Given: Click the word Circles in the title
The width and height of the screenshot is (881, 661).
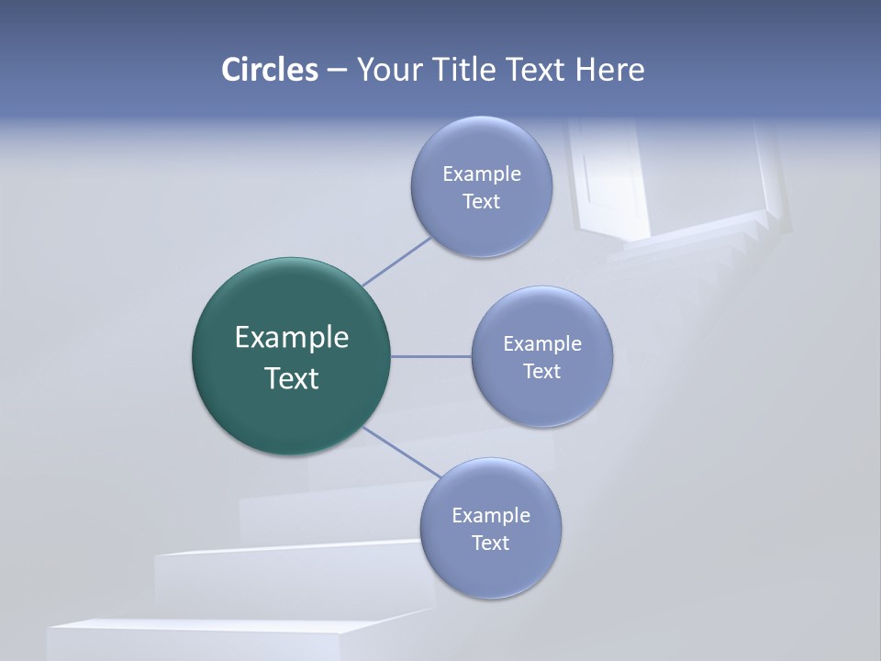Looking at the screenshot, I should pos(270,70).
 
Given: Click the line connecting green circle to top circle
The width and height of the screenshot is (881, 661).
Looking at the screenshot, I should pos(396,261).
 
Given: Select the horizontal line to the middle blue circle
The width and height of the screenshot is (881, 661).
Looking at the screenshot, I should pos(430,356).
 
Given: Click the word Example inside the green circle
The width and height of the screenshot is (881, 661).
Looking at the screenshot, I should pos(292,338).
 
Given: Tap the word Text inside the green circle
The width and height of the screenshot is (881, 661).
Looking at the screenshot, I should pos(292,378).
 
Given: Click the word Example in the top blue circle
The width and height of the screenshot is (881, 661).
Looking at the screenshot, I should pos(481,174).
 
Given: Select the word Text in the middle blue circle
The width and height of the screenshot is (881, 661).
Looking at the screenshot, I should pos(541,371).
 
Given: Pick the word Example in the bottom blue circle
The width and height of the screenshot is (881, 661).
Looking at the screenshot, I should pos(490,515).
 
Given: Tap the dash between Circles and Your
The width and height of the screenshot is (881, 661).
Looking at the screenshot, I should pos(336,71).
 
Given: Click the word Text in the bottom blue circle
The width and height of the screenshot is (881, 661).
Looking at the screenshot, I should pos(490,543).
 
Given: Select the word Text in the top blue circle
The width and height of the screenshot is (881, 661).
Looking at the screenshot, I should pos(481,202).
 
